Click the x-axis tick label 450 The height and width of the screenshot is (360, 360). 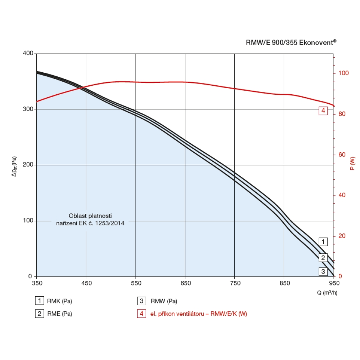pyautogui.click(x=86, y=283)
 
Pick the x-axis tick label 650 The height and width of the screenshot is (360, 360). pyautogui.click(x=185, y=283)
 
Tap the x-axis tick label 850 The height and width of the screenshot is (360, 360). pyautogui.click(x=284, y=283)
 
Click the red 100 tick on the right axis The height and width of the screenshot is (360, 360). pyautogui.click(x=344, y=73)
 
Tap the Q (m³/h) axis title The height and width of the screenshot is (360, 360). pyautogui.click(x=327, y=292)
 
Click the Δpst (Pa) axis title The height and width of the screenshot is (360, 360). pyautogui.click(x=14, y=166)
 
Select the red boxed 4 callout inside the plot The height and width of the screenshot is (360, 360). pyautogui.click(x=323, y=111)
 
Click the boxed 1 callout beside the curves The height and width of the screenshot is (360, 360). pyautogui.click(x=323, y=242)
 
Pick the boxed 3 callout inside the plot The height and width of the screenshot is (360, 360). pyautogui.click(x=323, y=271)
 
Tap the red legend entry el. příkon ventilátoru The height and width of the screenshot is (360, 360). pyautogui.click(x=198, y=314)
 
